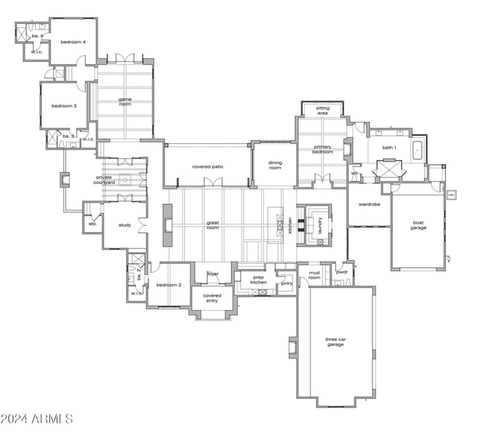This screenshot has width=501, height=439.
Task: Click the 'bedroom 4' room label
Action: click(73, 42)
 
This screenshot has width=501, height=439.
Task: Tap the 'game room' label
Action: click(125, 101)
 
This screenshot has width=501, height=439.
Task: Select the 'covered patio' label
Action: click(208, 167)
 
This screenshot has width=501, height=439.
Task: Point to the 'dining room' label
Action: click(275, 165)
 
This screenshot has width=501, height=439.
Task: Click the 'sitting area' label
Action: click(323, 111)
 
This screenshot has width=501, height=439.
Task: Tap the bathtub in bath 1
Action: click(417, 150)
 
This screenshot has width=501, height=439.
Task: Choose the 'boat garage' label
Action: click(418, 225)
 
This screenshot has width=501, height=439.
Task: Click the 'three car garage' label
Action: click(336, 342)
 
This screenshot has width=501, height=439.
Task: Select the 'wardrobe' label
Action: click(369, 205)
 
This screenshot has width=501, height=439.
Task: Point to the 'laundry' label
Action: click(320, 225)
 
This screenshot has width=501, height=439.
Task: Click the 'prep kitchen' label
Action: click(259, 280)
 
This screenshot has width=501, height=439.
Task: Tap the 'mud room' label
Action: click(314, 276)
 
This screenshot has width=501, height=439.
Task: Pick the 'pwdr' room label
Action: click(342, 272)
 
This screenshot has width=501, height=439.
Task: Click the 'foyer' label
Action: click(213, 274)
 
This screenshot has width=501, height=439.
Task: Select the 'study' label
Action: click(125, 225)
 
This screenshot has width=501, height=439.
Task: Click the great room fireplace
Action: click(168, 225)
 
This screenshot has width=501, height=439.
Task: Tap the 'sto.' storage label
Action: click(93, 224)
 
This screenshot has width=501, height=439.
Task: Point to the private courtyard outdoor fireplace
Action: click(65, 180)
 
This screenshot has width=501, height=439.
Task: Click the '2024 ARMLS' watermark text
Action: click(37, 419)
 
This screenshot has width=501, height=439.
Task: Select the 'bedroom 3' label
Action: click(65, 106)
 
